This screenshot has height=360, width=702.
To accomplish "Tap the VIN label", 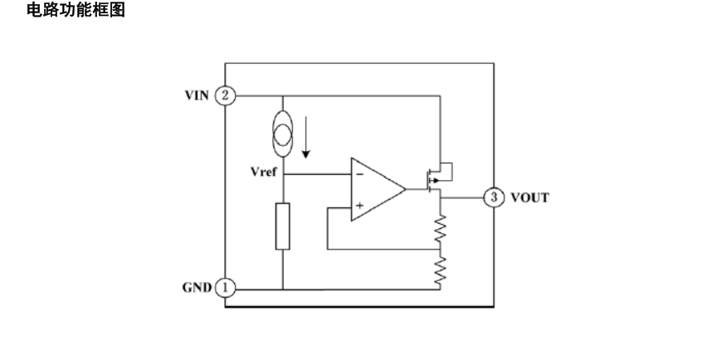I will tap(197, 95).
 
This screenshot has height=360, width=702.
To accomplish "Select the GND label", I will tap(197, 288).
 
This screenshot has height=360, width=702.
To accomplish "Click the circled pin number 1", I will tap(225, 288).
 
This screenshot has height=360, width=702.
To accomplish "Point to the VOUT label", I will tap(528, 198).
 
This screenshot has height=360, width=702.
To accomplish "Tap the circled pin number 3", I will tap(495, 198).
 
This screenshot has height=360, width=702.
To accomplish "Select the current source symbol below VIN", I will tap(282, 133).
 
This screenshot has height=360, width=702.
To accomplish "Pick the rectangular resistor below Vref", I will tap(282, 225).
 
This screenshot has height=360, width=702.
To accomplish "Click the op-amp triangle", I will tap(375, 190).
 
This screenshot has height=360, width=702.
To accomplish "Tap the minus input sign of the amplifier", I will tap(360, 175).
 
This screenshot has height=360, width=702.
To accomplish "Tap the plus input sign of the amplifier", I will tap(360, 205).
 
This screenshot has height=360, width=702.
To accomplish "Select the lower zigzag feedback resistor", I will tap(441, 269).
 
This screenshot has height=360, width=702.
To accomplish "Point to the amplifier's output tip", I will tap(404, 190).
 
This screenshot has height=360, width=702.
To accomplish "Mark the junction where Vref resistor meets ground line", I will tap(282, 289).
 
